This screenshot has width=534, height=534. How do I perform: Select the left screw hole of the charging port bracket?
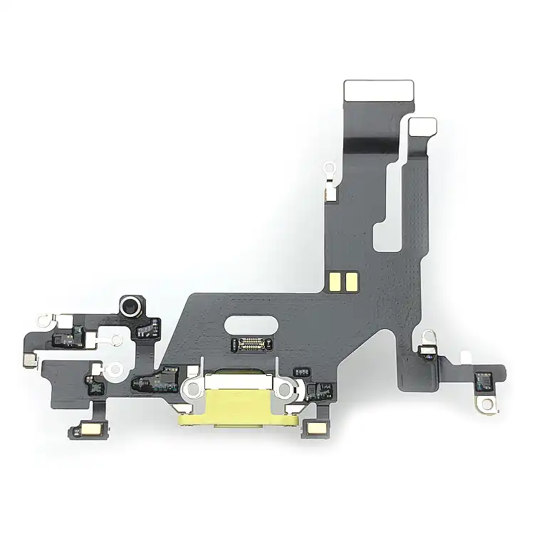[194, 389]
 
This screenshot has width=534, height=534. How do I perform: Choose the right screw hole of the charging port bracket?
[286, 389]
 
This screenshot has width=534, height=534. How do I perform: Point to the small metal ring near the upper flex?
[329, 169]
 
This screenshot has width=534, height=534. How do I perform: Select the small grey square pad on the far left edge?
[27, 360]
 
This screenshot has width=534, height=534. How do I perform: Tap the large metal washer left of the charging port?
[116, 370]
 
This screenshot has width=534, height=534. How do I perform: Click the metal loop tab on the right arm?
[428, 334]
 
